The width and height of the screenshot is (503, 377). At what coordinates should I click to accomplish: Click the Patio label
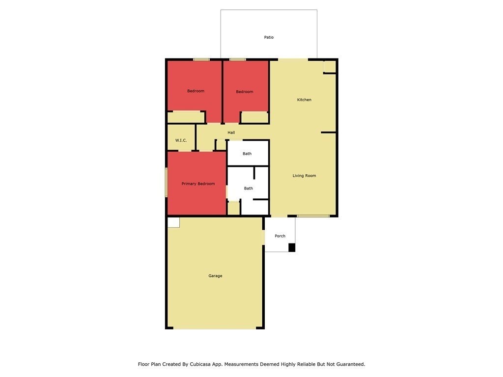coord(269,37)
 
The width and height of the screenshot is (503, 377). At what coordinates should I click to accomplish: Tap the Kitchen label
coord(304,100)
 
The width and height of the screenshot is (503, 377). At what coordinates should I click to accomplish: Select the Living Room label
coord(304,176)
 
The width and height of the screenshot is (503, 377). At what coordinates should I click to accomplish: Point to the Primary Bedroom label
coord(198,184)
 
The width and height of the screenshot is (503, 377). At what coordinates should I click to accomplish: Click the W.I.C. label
coord(181,140)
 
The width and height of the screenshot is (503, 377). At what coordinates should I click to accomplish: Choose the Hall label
coord(231,133)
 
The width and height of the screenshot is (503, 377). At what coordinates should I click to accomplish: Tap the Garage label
coord(215,276)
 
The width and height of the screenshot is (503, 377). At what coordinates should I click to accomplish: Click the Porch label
coord(280,236)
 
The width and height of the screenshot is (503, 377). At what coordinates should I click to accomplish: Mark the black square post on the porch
coord(292,247)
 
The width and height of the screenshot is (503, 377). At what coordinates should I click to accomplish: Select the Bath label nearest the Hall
coord(247,154)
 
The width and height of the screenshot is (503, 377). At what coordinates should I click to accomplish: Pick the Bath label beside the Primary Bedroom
coord(248,188)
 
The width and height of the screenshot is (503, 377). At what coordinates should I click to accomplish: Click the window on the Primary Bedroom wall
coord(166,182)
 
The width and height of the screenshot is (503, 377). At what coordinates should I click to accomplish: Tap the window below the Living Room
coord(313,216)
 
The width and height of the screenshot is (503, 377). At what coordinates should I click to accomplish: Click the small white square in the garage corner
coord(173,222)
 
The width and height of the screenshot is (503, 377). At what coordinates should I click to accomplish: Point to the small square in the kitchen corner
coord(330,66)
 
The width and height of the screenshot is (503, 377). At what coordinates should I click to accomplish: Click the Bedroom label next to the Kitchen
coord(245,92)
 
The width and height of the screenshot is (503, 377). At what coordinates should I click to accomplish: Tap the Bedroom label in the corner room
coord(196,91)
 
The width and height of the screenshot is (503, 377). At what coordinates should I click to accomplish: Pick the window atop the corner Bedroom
coord(201,59)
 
